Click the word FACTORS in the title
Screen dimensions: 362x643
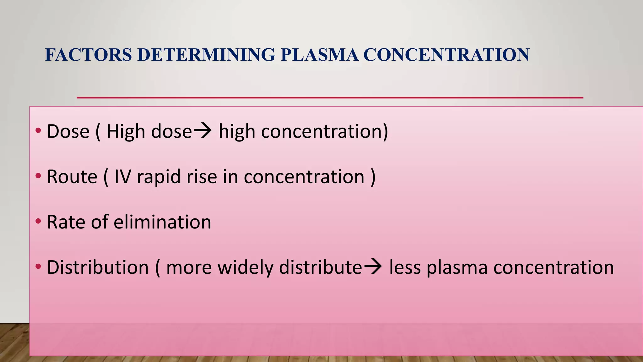point(88,55)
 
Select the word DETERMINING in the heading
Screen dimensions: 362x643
point(206,55)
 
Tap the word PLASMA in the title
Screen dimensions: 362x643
point(319,55)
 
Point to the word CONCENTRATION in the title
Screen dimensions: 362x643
point(446,55)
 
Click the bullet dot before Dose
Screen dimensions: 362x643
point(38,130)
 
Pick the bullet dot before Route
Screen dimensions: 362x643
point(38,176)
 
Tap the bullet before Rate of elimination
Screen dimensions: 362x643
point(38,221)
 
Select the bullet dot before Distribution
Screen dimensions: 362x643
point(38,267)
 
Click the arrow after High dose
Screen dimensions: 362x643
point(203,131)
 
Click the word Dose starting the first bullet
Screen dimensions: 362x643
point(68,131)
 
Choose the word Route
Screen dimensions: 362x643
point(72,177)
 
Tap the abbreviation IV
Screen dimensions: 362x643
point(122,177)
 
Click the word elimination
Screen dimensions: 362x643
point(162,222)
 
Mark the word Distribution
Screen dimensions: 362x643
point(98,267)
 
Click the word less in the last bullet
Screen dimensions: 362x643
point(405,267)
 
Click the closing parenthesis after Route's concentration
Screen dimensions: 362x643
point(373,177)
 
